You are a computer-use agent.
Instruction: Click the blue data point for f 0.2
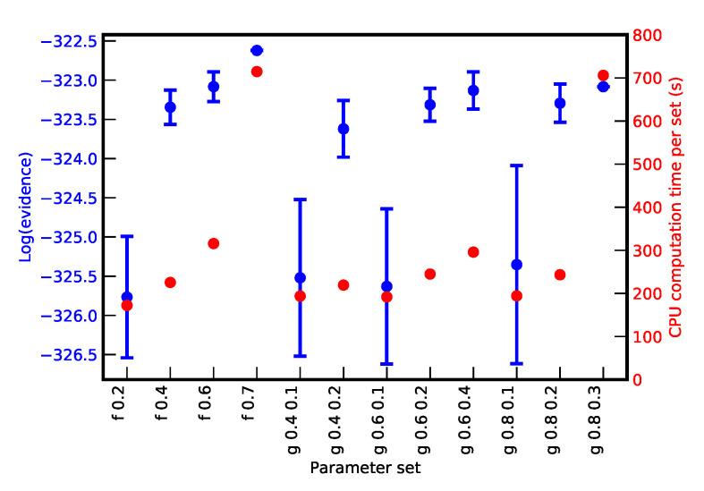[x=126, y=296]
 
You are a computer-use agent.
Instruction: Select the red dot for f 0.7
[x=257, y=72]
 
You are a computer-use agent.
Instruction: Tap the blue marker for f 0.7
[x=257, y=50]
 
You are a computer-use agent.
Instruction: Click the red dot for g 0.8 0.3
[x=603, y=76]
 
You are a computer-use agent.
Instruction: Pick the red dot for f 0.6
[x=213, y=243]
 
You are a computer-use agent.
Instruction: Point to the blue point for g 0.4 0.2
[x=344, y=129]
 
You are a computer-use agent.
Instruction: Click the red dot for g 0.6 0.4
[x=473, y=252]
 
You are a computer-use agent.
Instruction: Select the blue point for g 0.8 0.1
[x=516, y=265]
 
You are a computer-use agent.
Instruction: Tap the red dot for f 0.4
[x=170, y=283]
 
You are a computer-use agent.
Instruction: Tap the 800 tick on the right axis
[x=648, y=36]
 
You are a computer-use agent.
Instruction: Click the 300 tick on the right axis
[x=648, y=250]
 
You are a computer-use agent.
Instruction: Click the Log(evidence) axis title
[x=26, y=207]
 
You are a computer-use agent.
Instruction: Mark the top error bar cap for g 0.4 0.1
[x=300, y=199]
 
